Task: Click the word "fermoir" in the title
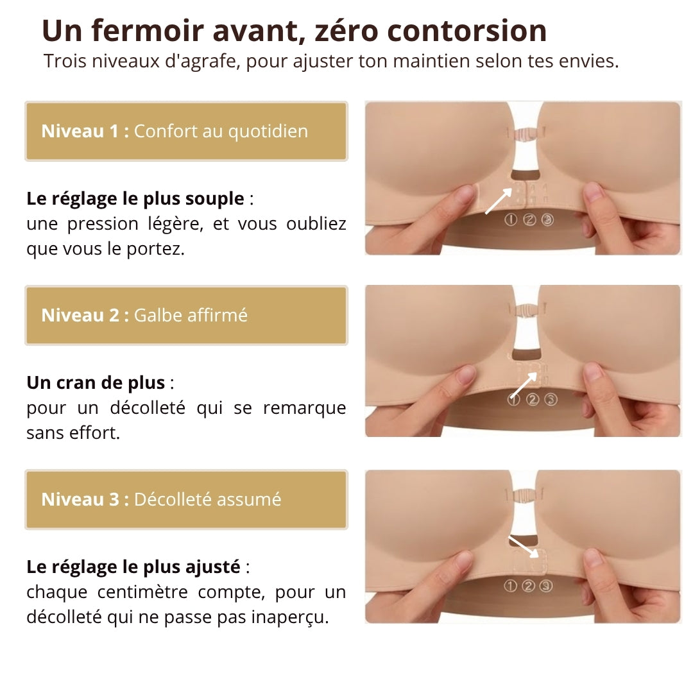pos(148,31)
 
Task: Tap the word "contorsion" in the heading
pos(466,31)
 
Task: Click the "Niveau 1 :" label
pos(85,132)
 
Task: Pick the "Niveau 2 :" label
pos(85,316)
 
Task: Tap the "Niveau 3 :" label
pos(85,499)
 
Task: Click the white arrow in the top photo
pos(499,201)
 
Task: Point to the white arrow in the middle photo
pos(524,385)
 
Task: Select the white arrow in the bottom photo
pos(524,547)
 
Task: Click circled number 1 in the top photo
pos(511,219)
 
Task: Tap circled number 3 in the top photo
pos(547,219)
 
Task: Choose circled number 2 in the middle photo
pos(533,400)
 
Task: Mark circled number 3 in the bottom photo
pos(546,586)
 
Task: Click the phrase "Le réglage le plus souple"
pos(135,199)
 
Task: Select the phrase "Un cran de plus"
pos(96,382)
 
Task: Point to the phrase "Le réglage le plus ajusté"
pos(133,567)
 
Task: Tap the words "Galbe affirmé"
pos(191,316)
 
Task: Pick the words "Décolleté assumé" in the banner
pos(207,499)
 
